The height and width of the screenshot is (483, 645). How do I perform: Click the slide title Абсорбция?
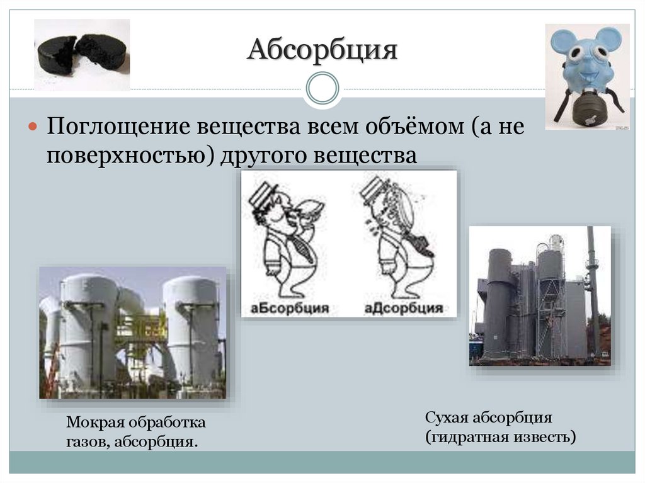coord(322,50)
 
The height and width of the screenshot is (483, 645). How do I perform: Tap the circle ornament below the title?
coord(322,88)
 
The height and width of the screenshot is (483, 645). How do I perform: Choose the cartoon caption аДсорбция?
coord(403,308)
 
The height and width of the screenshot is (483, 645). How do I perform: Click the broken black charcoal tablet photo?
coord(82,54)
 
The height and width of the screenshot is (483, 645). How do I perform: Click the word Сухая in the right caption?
coord(446,418)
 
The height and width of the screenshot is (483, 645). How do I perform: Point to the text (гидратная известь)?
coord(500,436)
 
